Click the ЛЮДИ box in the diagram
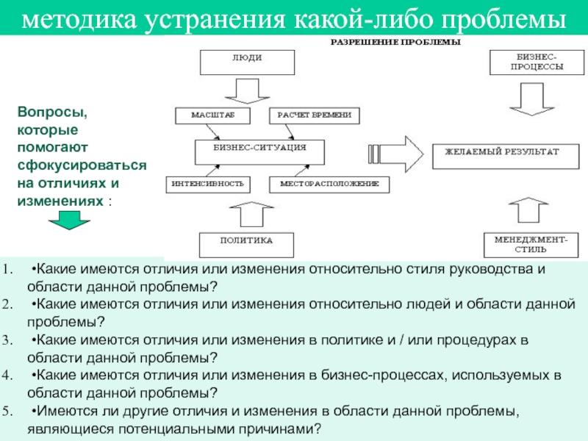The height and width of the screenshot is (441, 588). click(248, 62)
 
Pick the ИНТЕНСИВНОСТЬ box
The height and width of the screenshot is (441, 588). click(207, 183)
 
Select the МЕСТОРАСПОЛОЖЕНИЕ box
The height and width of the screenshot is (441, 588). click(329, 183)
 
